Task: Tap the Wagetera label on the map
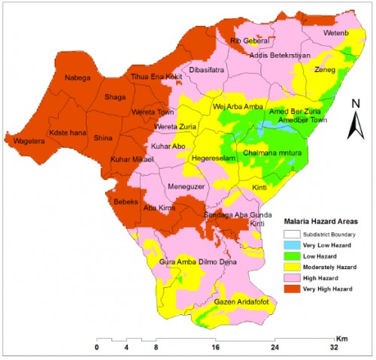click(26, 140)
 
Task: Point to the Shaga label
click(115, 97)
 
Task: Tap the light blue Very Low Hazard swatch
click(290, 245)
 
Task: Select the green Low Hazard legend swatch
click(290, 256)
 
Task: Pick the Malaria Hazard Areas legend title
click(320, 222)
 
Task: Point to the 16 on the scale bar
click(216, 347)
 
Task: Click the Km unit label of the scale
click(341, 337)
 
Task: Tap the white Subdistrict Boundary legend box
click(290, 234)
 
